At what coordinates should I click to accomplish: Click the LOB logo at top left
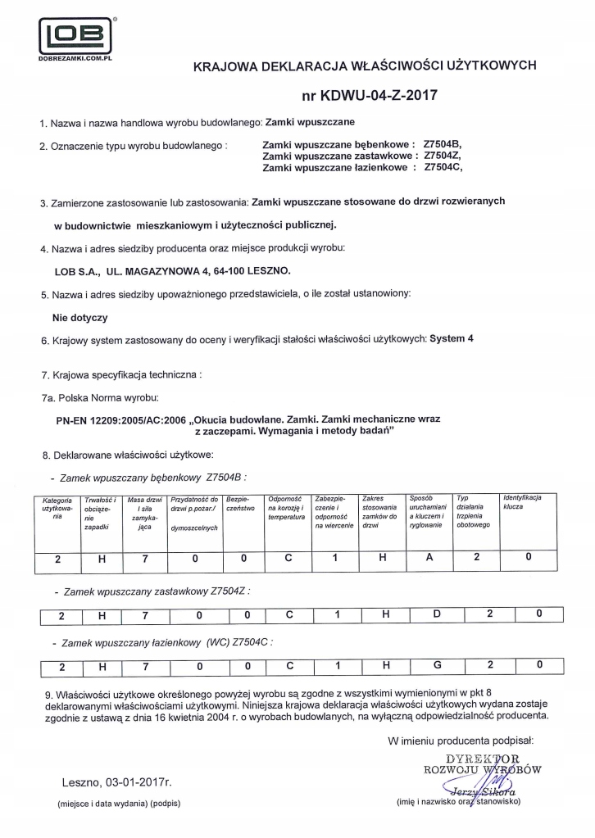(75, 35)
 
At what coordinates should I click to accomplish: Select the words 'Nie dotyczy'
(79, 316)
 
